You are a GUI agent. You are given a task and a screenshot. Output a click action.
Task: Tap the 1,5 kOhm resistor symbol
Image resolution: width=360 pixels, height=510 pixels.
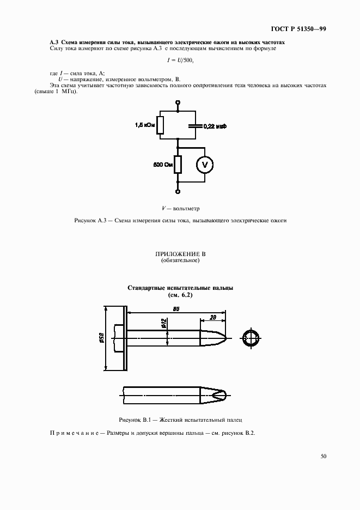(160, 125)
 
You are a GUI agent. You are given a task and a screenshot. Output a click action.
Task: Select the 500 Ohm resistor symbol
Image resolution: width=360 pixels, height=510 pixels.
(178, 164)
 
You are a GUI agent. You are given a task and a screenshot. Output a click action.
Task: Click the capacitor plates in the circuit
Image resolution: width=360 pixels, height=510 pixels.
(194, 125)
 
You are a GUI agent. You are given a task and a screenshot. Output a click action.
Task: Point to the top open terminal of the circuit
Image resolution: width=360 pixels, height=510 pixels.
(178, 102)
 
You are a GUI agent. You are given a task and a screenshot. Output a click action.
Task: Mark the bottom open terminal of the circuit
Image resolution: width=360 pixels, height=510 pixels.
(178, 191)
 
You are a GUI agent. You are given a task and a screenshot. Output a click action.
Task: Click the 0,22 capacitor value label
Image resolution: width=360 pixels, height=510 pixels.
(215, 126)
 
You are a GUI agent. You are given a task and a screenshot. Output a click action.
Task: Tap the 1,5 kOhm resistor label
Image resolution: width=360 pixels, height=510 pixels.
(145, 125)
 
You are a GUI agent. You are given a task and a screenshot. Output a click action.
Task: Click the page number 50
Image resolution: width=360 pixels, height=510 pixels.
(324, 457)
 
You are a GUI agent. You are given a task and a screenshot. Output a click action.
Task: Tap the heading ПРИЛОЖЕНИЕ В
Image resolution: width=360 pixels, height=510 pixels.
(180, 254)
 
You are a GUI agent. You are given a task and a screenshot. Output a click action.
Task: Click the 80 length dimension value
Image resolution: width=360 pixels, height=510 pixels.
(176, 309)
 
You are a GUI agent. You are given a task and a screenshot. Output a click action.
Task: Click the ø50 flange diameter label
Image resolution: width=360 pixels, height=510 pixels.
(101, 338)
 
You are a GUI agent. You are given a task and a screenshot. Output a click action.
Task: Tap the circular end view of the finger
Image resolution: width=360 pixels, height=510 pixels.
(251, 338)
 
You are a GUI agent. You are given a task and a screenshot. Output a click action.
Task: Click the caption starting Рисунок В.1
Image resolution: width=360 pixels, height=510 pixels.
(180, 420)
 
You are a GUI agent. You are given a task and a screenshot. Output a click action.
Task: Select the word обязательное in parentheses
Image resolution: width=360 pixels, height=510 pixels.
(180, 260)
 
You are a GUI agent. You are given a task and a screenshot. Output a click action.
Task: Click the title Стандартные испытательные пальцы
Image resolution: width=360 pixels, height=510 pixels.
(180, 288)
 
